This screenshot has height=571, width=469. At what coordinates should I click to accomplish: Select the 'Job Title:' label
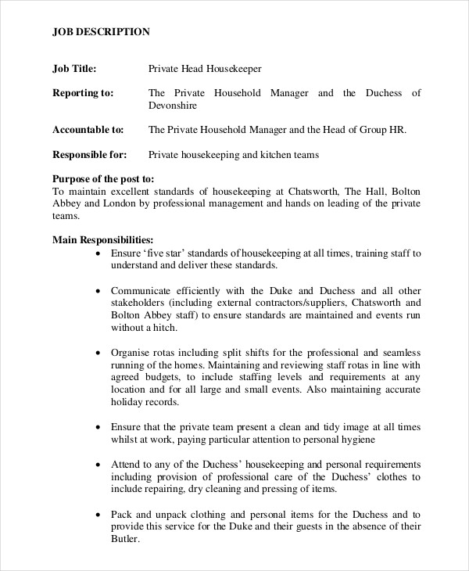click(74, 69)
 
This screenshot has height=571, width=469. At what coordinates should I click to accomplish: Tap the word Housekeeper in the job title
click(231, 69)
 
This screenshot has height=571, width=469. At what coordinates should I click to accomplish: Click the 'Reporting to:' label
click(82, 93)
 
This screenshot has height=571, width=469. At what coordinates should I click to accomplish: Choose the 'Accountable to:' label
click(88, 130)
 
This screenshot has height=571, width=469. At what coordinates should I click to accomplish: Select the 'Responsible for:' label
click(89, 155)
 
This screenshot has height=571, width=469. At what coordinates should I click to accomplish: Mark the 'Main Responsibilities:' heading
click(102, 240)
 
